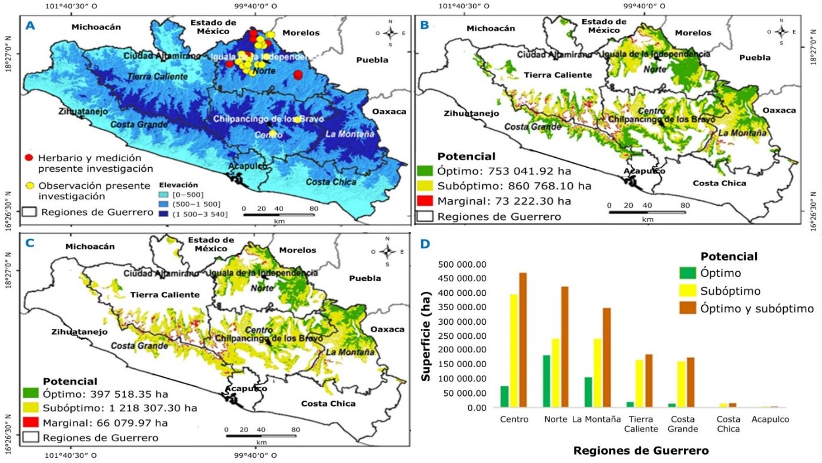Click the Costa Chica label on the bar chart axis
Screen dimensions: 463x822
pyautogui.click(x=727, y=424)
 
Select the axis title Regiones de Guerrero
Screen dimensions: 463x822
pyautogui.click(x=640, y=451)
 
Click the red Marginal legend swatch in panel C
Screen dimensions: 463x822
pyautogui.click(x=31, y=423)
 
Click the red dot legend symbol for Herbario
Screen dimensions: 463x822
pyautogui.click(x=29, y=158)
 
